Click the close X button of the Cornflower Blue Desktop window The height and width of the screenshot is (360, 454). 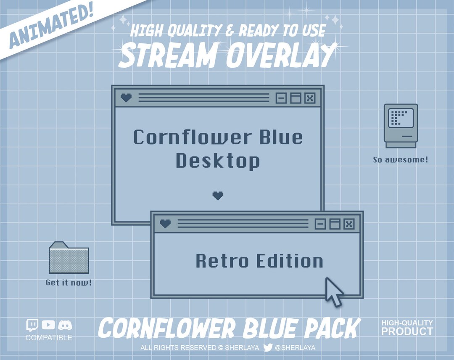(x=310, y=98)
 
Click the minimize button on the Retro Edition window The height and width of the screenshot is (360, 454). (x=320, y=224)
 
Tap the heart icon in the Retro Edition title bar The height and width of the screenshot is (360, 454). (x=166, y=224)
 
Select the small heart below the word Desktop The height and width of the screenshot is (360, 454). (x=218, y=196)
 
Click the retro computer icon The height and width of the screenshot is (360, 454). (x=401, y=125)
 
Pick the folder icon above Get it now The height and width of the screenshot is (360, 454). (x=69, y=258)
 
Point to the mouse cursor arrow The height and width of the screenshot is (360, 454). (x=334, y=291)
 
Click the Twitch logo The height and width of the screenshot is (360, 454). (x=32, y=325)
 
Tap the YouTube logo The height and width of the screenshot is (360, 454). (x=48, y=325)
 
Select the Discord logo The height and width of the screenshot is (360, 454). (x=65, y=325)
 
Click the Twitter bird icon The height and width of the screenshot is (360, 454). (x=268, y=347)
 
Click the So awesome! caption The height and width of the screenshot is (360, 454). (x=401, y=160)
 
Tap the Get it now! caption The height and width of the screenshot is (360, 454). (x=69, y=283)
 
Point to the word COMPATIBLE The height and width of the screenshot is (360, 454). (x=49, y=338)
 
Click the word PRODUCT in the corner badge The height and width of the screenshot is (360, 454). (x=407, y=331)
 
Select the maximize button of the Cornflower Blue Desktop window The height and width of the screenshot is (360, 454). (x=296, y=98)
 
